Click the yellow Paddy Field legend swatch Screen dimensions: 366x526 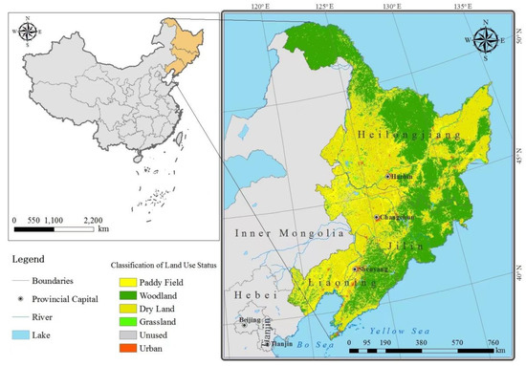pyautogui.click(x=126, y=283)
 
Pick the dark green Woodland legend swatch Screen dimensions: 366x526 pyautogui.click(x=126, y=296)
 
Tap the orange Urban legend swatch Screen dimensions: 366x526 pyautogui.click(x=126, y=352)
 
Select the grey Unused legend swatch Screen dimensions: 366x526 pyautogui.click(x=126, y=337)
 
